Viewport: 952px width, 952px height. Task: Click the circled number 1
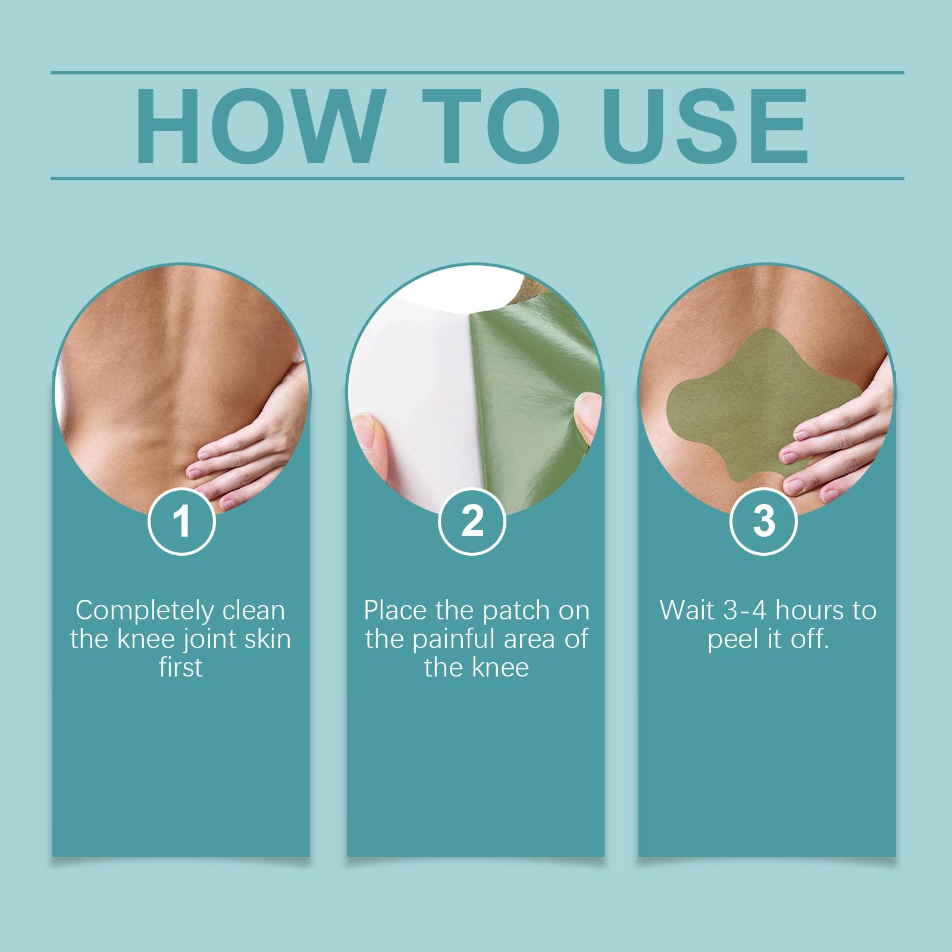click(x=181, y=521)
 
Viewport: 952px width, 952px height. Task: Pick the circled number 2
click(x=472, y=521)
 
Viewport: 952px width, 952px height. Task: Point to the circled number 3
click(x=764, y=521)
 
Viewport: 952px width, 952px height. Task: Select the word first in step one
click(x=181, y=668)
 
